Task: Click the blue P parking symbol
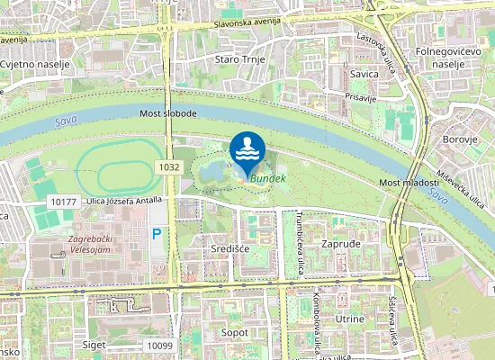tap(157, 234)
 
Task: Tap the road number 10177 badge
tap(64, 202)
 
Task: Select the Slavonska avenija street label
tap(248, 21)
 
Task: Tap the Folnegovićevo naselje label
tap(454, 58)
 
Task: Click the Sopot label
tap(235, 332)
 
